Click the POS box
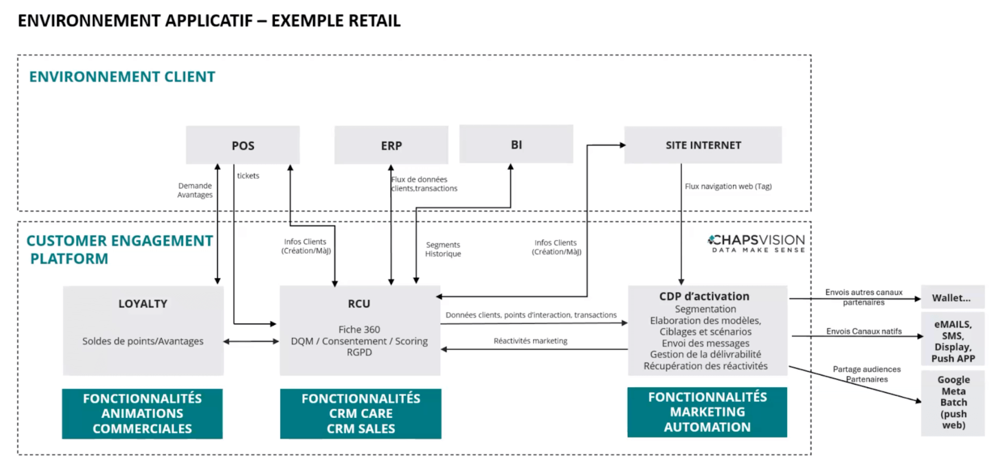point(243,146)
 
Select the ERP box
point(391,146)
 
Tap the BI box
point(516,145)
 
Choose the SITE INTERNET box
point(703,146)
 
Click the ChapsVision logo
point(756,243)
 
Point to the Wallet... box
point(952,298)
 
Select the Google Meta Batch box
point(953,402)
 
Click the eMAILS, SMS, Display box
point(953,341)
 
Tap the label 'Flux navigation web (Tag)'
point(728,186)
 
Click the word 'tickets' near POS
point(248,176)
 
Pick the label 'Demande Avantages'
point(195,190)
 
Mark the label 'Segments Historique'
point(443,249)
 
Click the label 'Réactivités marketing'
point(530,341)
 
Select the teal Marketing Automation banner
point(707,412)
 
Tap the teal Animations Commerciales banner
point(142,414)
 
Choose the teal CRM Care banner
point(361,414)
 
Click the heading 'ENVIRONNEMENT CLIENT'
point(122,77)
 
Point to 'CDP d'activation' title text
point(704,296)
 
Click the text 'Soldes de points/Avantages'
point(142,341)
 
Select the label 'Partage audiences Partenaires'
point(867,374)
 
